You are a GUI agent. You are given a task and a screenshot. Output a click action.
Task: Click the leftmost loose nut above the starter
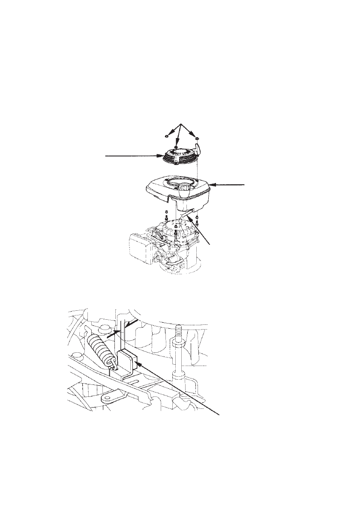coord(166,136)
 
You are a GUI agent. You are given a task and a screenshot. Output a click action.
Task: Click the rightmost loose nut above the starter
coord(197,138)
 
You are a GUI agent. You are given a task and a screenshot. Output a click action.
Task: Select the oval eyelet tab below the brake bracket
coord(111,397)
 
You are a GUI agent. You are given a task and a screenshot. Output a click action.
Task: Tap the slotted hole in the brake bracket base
coord(133,380)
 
